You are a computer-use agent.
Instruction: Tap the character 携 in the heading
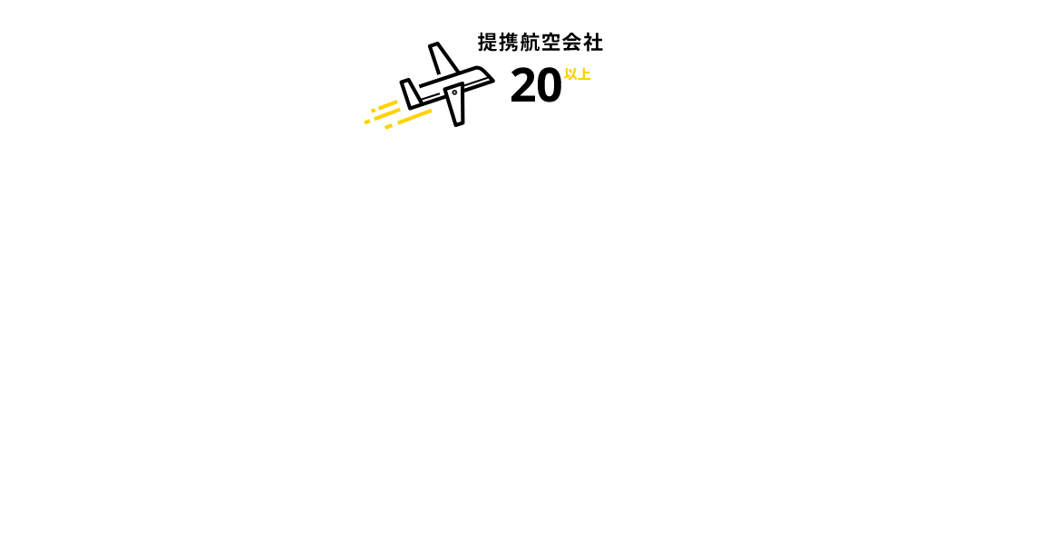click(509, 42)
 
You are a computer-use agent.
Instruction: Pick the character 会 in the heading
click(572, 42)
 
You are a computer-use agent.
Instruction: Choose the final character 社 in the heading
click(593, 42)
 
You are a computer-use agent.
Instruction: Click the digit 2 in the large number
click(523, 87)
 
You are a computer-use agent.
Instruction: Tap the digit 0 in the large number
click(549, 87)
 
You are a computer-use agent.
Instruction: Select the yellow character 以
click(570, 74)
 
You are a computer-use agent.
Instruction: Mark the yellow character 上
click(585, 74)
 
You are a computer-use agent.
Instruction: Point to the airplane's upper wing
click(443, 59)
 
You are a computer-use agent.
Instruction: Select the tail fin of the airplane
click(410, 93)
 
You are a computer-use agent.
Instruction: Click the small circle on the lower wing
click(454, 92)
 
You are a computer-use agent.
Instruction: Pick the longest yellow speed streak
click(414, 117)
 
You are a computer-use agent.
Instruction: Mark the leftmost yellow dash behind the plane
click(367, 121)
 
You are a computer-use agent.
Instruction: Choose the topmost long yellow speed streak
click(388, 105)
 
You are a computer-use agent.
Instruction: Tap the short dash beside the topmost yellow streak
click(374, 111)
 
